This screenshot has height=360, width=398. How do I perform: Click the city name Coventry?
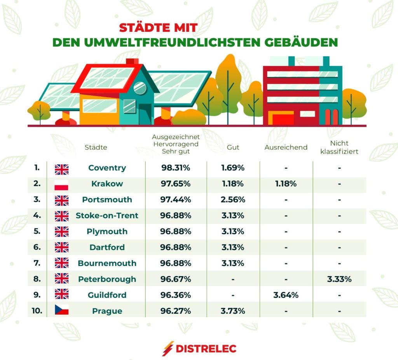pos(107,168)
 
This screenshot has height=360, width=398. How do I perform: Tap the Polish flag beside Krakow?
pos(61,184)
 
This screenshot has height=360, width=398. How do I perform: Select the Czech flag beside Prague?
pos(61,311)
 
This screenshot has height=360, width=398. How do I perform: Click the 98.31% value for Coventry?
pos(176,168)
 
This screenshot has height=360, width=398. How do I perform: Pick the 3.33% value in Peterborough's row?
pos(339,279)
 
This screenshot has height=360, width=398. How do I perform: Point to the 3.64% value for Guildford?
pos(286,295)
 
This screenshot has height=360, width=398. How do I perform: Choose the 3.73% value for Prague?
pos(233,311)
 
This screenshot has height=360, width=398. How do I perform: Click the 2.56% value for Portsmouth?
pos(233,200)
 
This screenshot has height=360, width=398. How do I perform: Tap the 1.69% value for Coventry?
pos(233,168)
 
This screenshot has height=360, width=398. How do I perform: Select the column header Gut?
pos(233,147)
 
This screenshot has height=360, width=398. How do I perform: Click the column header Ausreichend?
pos(286,147)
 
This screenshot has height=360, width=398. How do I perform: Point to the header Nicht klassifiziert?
pos(339,147)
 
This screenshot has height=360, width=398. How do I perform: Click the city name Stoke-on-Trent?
pos(107,216)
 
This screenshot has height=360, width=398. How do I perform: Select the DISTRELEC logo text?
pos(206,349)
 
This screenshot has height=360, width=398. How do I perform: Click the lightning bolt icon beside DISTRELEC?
pos(168,349)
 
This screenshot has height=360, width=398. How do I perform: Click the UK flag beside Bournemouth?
pos(61,263)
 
